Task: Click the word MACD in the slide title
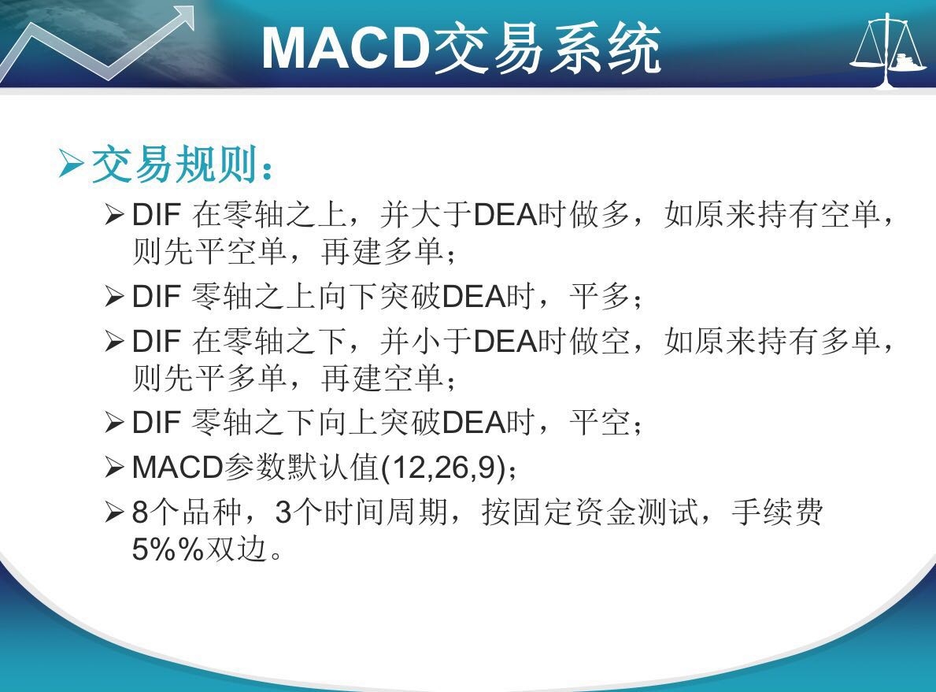point(346,48)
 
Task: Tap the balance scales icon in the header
point(888,50)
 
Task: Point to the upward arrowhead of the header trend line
point(181,18)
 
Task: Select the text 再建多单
point(382,251)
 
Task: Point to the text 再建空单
point(382,378)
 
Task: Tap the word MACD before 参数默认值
point(177,468)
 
